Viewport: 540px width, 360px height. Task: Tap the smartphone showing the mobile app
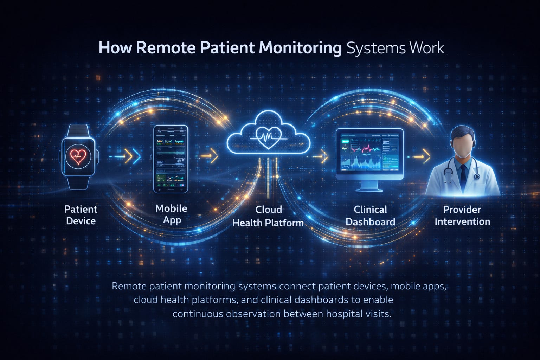[171, 159]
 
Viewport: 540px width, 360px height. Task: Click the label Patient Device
[81, 215]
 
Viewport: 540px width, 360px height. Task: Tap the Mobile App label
[171, 214]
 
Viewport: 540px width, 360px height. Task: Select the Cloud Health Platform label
[268, 216]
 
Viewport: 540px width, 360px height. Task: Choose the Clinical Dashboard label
[370, 216]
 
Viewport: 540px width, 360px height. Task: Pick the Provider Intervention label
[462, 215]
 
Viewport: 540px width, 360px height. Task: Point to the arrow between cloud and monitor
[321, 156]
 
